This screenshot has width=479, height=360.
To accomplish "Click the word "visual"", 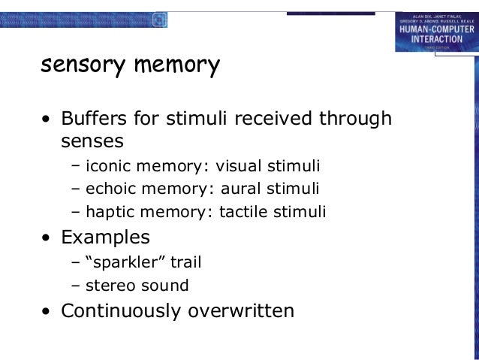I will [243, 165].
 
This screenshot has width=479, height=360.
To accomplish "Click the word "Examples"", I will [105, 237].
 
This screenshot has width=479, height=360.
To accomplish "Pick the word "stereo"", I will [110, 286].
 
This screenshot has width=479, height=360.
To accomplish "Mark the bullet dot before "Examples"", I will [47, 239].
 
